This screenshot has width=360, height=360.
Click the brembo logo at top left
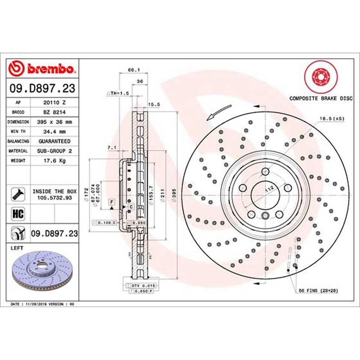coord(42,69)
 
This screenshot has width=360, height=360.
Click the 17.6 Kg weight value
coord(54,160)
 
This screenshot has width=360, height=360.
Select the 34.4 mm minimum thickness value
coord(54,132)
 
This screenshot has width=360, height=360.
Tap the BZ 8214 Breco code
coord(54,112)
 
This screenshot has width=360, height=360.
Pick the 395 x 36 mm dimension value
coord(54,122)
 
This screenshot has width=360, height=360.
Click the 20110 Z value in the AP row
coord(54,102)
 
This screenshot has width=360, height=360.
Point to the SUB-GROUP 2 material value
coord(54,151)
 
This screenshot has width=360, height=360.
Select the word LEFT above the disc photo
coord(17,248)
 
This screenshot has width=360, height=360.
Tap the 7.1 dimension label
coord(111,148)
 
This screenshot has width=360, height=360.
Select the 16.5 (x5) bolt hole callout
coord(331,118)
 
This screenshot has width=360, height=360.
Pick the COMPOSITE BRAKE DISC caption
coord(321,98)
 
